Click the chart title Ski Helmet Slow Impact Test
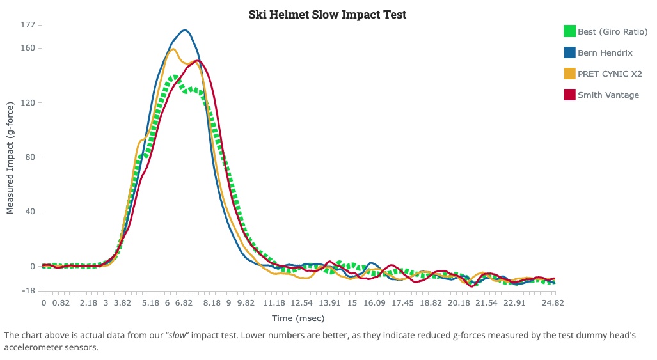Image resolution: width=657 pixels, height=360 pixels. [327, 14]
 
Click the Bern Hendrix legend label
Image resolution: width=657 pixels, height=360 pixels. [605, 52]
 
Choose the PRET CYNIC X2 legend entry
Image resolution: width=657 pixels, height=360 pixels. [609, 74]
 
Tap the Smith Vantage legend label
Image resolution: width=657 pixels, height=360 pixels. [608, 95]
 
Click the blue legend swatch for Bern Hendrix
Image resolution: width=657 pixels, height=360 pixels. [569, 52]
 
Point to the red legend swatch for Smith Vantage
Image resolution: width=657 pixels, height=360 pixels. [569, 95]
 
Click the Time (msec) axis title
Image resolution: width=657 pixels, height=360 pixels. [298, 318]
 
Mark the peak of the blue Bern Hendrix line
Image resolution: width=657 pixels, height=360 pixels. [185, 30]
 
